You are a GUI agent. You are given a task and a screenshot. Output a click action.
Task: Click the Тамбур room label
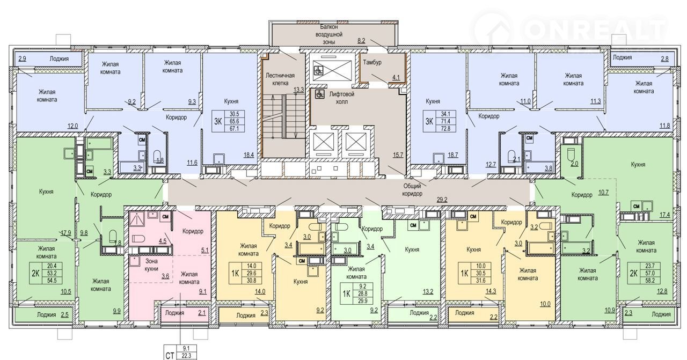click(372, 62)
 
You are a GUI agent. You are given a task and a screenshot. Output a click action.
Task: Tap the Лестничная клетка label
click(280, 79)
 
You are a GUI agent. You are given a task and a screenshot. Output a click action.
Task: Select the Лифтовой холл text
click(342, 98)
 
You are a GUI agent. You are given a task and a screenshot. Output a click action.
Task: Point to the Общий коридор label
click(412, 189)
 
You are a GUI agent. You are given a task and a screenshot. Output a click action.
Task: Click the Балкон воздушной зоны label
click(329, 34)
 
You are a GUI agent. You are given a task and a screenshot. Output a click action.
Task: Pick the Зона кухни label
click(151, 265)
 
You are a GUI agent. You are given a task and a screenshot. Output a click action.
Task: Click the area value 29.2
click(442, 200)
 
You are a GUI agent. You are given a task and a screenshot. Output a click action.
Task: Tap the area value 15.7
click(398, 155)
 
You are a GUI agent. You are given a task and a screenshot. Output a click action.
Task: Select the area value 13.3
click(298, 90)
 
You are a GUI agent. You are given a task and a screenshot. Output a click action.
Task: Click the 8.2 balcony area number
click(361, 40)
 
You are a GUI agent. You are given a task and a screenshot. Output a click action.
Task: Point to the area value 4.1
click(396, 77)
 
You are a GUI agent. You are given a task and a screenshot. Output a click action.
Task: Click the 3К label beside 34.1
click(429, 121)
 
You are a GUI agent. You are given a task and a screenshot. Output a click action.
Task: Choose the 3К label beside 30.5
click(218, 121)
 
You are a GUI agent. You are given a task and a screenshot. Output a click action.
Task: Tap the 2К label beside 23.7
click(633, 273)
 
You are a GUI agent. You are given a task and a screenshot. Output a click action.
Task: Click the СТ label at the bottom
click(170, 356)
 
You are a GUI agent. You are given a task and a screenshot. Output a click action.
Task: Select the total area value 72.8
click(445, 128)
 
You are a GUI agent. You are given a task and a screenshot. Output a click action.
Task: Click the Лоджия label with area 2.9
click(59, 58)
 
